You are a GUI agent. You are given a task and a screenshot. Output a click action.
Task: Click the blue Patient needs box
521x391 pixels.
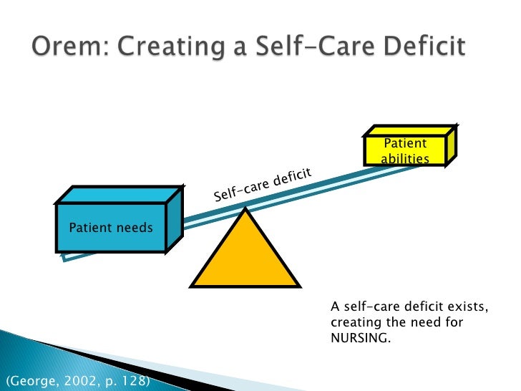click(x=111, y=228)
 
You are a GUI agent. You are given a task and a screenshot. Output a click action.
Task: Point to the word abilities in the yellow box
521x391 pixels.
click(x=405, y=158)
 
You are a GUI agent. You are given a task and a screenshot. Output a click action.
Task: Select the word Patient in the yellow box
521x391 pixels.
click(x=406, y=144)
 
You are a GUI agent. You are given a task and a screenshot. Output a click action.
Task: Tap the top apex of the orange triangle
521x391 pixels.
click(x=245, y=209)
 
